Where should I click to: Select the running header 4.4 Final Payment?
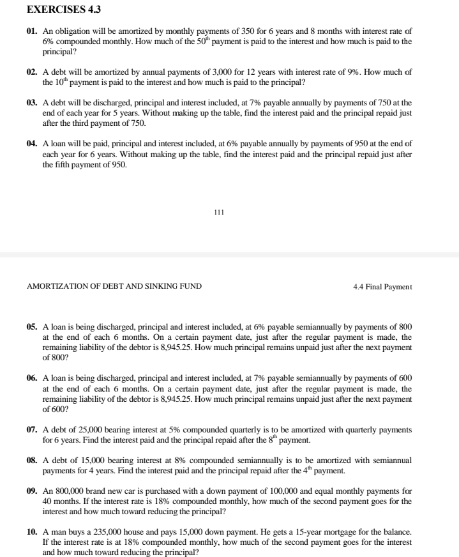(x=382, y=287)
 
